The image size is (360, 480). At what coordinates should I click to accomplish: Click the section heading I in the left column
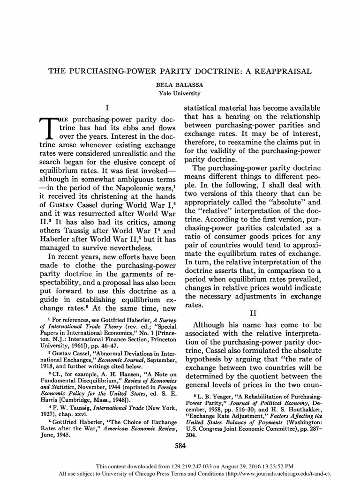pyautogui.click(x=107, y=107)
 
